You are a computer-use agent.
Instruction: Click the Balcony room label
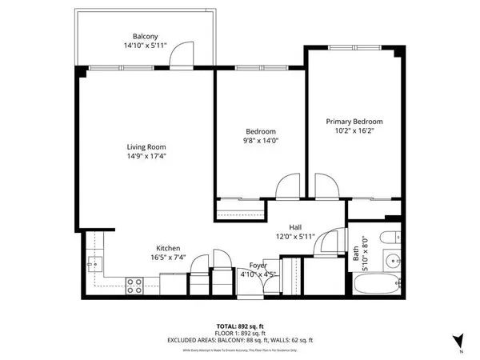(x=145, y=36)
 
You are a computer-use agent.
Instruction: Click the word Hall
(x=297, y=226)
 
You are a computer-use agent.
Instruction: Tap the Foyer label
(x=258, y=265)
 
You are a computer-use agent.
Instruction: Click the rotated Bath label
(x=356, y=254)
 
